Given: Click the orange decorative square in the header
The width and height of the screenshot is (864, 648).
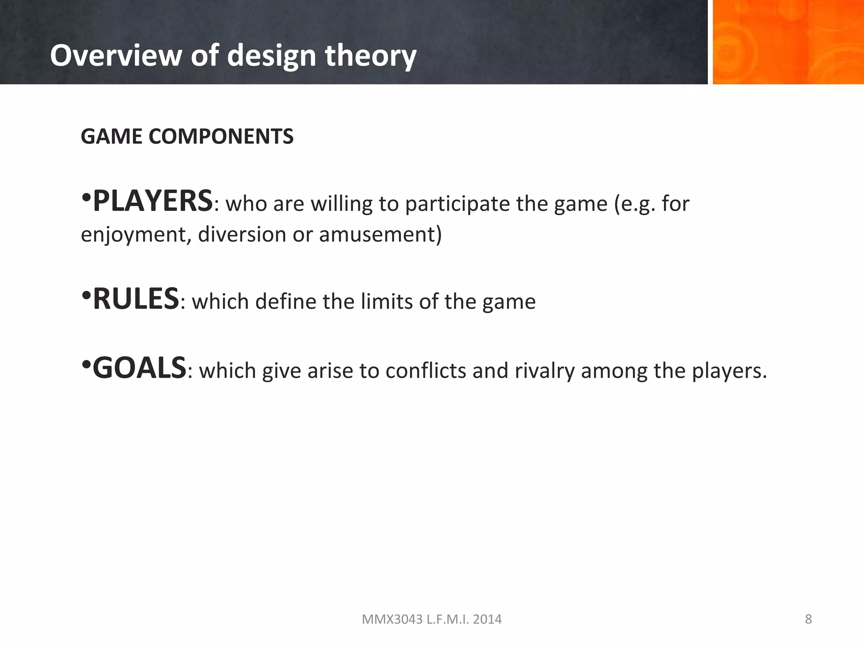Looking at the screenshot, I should pyautogui.click(x=788, y=42).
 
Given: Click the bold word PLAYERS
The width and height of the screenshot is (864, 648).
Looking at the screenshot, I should pyautogui.click(x=152, y=202).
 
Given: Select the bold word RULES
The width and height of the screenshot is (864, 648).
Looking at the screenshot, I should pyautogui.click(x=136, y=299).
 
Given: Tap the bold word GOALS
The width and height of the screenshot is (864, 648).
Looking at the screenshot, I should pyautogui.click(x=139, y=368).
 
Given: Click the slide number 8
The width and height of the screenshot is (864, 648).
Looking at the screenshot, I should pyautogui.click(x=808, y=619).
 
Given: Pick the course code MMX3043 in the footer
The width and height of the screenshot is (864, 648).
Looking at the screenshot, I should pyautogui.click(x=392, y=619).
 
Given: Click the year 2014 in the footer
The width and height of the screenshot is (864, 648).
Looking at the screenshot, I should pyautogui.click(x=487, y=619).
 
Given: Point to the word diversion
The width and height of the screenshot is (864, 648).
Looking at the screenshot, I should pyautogui.click(x=242, y=235).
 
